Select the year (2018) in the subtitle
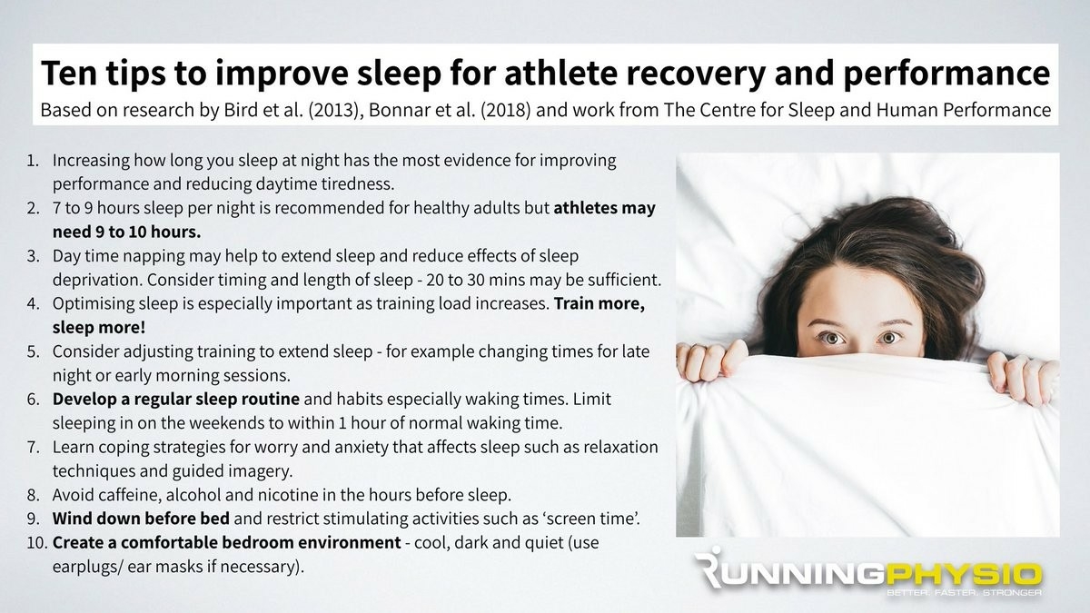506,111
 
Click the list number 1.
33,161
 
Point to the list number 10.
37,542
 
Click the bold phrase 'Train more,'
599,303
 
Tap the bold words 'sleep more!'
99,328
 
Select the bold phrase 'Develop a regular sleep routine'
175,400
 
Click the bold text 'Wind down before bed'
141,519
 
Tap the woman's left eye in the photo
888,338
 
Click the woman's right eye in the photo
832,338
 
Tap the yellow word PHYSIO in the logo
962,576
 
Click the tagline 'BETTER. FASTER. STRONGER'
964,592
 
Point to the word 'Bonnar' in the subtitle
397,111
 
